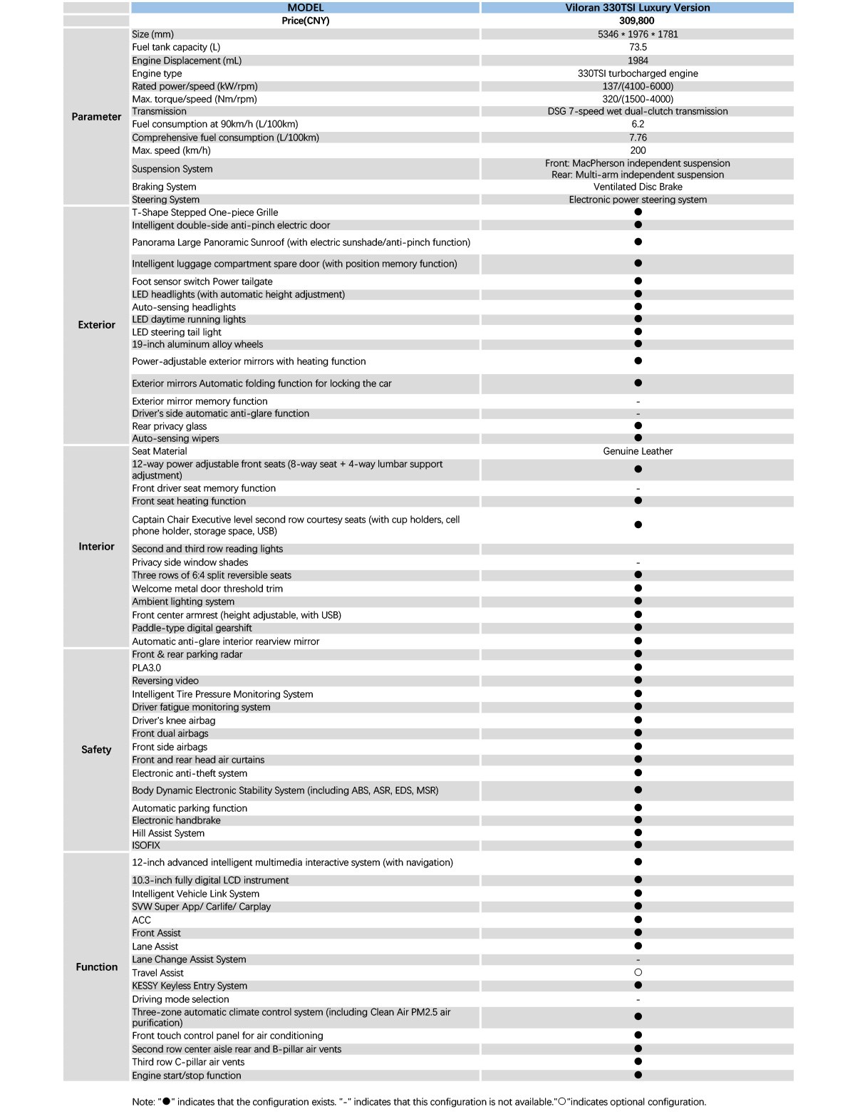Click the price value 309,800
click(x=637, y=21)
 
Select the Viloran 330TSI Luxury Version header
click(x=637, y=8)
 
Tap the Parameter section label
click(x=96, y=117)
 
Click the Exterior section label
click(x=96, y=325)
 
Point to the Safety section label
click(x=96, y=750)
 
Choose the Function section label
click(x=96, y=967)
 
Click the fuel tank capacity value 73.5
click(x=638, y=47)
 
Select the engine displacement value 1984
click(x=638, y=61)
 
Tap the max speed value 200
click(x=638, y=150)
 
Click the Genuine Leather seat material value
click(x=638, y=451)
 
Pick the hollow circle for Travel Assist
click(x=638, y=972)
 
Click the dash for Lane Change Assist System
click(x=638, y=960)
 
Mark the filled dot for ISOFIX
click(x=638, y=845)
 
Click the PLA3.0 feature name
click(x=147, y=668)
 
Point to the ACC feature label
click(x=142, y=920)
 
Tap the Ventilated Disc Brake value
click(x=638, y=187)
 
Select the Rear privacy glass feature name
click(x=170, y=426)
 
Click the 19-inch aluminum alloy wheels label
click(x=197, y=344)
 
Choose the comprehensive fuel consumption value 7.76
click(x=638, y=138)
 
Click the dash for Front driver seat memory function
click(x=638, y=489)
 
